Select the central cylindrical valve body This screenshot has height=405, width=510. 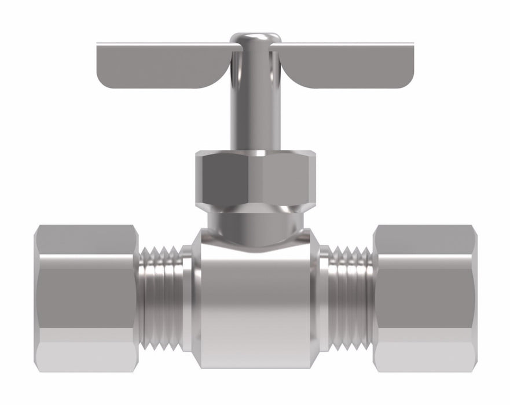[255, 301]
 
